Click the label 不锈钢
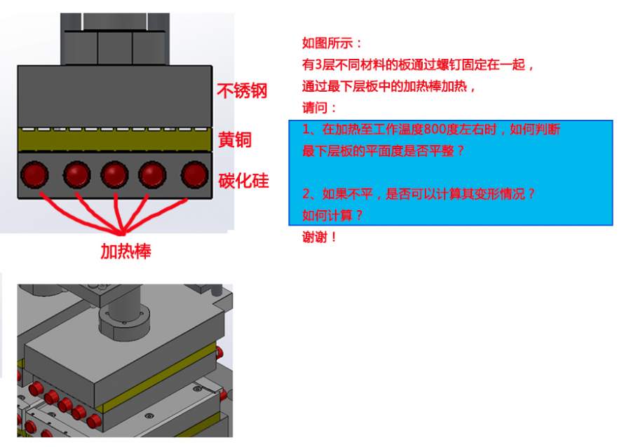[x=242, y=91]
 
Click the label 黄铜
[x=235, y=140]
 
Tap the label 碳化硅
[x=243, y=181]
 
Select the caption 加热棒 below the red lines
[x=125, y=252]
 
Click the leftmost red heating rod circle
[x=34, y=174]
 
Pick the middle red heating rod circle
[x=115, y=174]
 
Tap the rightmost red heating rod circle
[x=195, y=174]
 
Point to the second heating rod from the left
[x=77, y=174]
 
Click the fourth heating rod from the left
[x=152, y=174]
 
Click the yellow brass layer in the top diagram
[x=115, y=140]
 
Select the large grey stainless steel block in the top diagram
[x=115, y=97]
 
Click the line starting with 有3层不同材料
[x=418, y=64]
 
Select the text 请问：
[x=319, y=108]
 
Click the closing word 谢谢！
[x=319, y=238]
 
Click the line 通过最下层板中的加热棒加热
[x=389, y=86]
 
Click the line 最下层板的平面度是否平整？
[x=383, y=151]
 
